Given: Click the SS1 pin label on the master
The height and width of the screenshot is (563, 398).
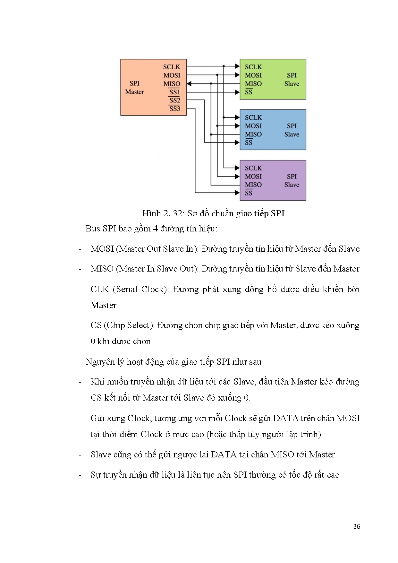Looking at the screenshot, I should (x=175, y=92).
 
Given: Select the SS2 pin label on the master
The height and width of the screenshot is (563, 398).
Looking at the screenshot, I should (x=175, y=100).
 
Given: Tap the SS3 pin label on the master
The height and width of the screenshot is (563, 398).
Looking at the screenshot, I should (x=175, y=109).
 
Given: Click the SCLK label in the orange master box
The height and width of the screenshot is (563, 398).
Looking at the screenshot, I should (x=172, y=67).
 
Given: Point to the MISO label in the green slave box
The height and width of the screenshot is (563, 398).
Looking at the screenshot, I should (x=253, y=84).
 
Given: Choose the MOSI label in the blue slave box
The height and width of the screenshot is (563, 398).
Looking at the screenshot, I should (x=253, y=126).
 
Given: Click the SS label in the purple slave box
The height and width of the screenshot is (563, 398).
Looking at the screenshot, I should (x=249, y=193).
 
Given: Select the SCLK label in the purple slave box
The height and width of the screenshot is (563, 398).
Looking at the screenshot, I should (x=253, y=168).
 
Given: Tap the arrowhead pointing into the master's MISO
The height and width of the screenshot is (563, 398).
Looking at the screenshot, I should (x=189, y=83).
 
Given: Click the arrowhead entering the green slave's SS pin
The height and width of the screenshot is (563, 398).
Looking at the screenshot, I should (x=237, y=92).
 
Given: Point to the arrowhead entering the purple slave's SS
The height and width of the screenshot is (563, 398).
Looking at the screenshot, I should (x=237, y=193).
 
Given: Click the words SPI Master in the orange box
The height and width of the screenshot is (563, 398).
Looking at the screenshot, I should (x=135, y=88).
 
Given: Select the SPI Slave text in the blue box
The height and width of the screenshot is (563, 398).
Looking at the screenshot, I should (x=292, y=130).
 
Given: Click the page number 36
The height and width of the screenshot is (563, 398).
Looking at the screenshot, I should (x=356, y=526).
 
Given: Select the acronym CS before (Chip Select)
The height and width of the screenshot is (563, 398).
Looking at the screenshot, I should (x=96, y=325).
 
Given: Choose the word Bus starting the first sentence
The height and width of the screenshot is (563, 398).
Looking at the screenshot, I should (x=93, y=229).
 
